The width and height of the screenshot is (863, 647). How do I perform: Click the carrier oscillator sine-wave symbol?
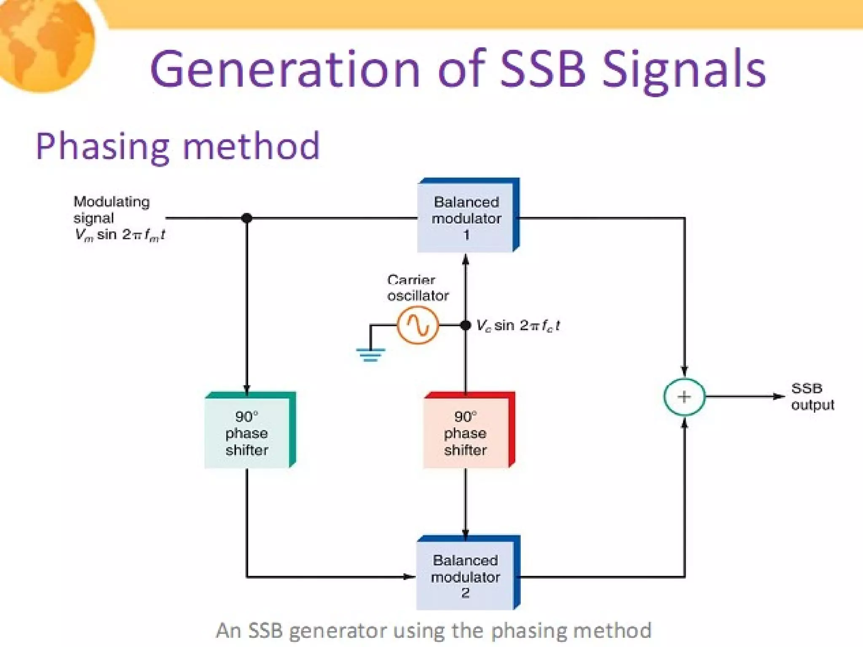418,325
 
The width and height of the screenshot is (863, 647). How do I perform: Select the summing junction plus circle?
684,397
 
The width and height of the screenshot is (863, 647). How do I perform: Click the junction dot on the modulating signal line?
247,218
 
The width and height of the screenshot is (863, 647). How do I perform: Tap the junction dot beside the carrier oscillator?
466,325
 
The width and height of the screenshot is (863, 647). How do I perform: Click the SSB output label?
812,396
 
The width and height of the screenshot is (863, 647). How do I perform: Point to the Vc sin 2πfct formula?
518,326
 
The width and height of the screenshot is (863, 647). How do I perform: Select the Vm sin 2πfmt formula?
120,235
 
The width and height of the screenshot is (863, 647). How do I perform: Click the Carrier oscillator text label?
418,288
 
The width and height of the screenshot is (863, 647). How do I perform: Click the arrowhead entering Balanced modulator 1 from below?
466,259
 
